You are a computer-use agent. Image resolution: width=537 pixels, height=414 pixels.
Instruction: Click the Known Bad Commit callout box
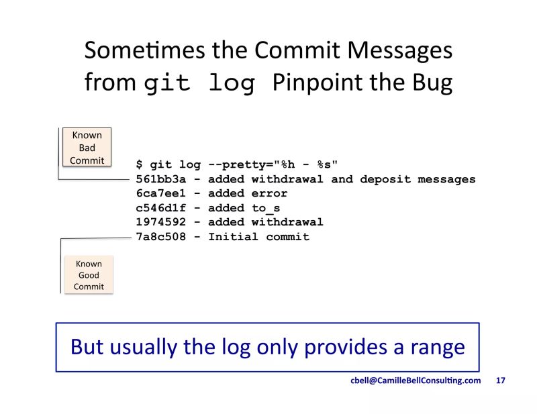(x=87, y=148)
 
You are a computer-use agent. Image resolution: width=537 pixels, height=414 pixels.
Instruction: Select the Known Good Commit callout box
(x=89, y=275)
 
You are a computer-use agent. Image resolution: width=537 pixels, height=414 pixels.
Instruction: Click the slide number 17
(x=500, y=380)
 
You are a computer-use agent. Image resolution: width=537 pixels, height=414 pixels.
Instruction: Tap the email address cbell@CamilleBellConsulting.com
(x=416, y=380)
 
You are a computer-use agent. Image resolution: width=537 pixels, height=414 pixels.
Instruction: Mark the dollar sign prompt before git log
(x=139, y=165)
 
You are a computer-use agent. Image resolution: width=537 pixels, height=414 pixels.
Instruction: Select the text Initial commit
(x=258, y=237)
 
